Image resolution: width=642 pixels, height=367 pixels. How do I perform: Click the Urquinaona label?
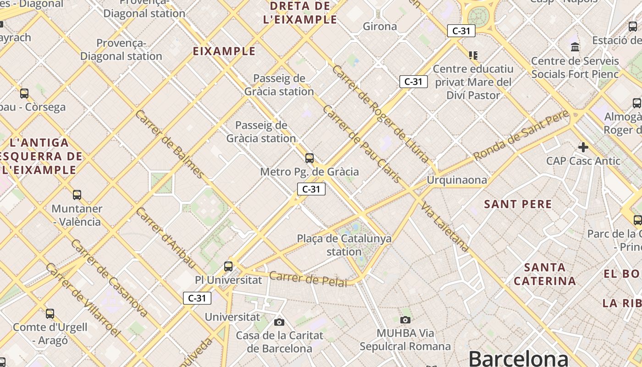pos(457,180)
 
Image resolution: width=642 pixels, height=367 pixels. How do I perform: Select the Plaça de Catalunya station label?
pos(344,245)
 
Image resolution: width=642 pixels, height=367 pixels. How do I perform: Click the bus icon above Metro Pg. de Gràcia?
pos(310,158)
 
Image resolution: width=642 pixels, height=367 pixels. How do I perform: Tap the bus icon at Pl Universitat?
pos(228,266)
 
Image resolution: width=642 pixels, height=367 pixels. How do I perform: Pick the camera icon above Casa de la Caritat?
pos(279,322)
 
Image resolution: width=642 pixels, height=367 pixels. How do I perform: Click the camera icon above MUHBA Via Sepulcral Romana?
pos(405,320)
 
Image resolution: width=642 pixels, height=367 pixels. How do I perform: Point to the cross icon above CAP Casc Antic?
pos(583,147)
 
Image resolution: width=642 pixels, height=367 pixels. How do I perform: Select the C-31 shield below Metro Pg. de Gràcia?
pos(311,189)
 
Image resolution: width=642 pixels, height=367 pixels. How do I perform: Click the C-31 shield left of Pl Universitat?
pos(197,298)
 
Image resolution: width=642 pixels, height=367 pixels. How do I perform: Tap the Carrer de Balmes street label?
pos(169,144)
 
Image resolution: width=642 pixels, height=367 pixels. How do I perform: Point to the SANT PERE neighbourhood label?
pos(518,204)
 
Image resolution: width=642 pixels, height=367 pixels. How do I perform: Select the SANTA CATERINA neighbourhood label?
pos(545,274)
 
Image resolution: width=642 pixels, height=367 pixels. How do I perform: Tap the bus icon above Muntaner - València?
pos(77,195)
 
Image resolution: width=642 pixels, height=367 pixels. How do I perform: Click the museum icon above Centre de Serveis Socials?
pos(575,47)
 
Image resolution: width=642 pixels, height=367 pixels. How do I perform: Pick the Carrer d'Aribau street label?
pos(166,238)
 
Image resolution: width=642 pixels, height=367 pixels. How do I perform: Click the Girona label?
pos(380,26)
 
